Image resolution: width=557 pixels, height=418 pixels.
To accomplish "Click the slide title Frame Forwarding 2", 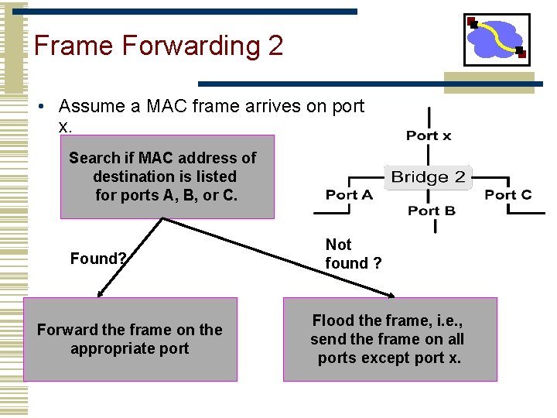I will coord(159,46).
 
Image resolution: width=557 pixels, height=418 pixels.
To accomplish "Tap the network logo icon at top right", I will coord(497,39).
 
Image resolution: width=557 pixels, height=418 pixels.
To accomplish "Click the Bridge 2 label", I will coord(428,177).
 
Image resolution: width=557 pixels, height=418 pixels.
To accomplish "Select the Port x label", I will coord(429,135).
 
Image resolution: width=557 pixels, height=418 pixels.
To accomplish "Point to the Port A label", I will coord(349,194).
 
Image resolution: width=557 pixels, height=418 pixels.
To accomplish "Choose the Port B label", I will coord(431,211).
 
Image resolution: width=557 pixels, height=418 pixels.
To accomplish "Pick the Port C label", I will coord(507,194).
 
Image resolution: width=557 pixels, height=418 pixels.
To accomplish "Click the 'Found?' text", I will coord(98,259).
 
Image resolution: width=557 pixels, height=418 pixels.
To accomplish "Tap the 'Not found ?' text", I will coord(354,254).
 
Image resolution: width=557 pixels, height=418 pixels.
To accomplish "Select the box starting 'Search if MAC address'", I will coord(167,176).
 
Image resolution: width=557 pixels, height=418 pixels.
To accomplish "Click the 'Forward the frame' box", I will coord(130,339).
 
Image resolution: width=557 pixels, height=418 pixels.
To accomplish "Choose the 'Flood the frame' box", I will coord(389,339).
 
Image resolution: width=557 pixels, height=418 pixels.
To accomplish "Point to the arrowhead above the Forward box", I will coord(100,294).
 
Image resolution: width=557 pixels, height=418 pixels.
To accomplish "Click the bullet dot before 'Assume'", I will coord(46,107).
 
